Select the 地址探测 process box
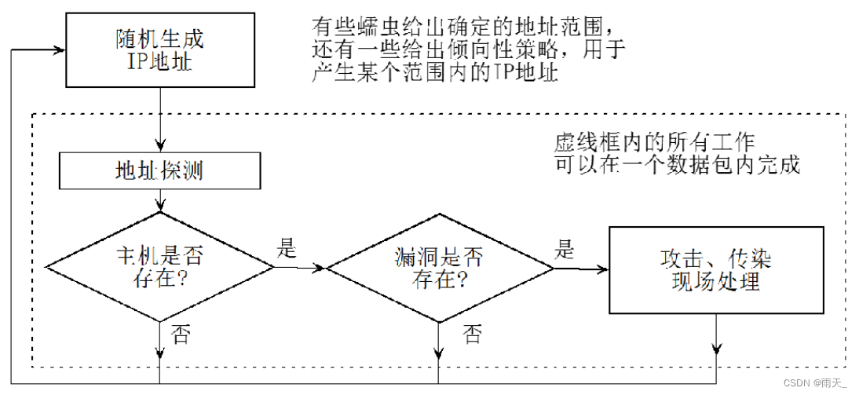pos(159,170)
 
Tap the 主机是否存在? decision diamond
pos(159,267)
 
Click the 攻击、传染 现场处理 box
pos(716,269)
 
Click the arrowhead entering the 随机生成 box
pos(58,49)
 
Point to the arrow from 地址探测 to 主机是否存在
pos(159,200)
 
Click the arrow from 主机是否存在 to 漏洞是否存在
pos(299,268)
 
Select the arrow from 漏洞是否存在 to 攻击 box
pos(582,269)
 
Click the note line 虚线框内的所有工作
pos(654,144)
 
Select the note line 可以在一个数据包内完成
pos(677,166)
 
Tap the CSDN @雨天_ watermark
pos(819,383)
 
